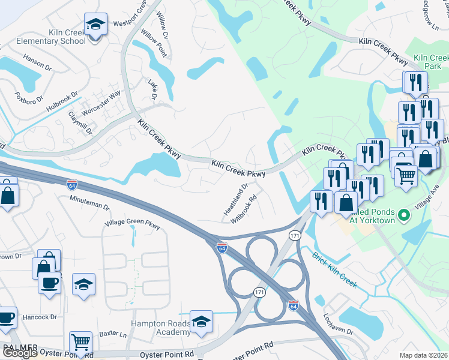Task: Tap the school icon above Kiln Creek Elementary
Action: pos(95,25)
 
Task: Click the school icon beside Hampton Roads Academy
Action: pos(202,322)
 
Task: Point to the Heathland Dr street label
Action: pos(236,200)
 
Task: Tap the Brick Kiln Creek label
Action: pos(334,269)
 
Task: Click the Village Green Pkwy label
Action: pos(133,225)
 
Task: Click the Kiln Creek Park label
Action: pos(427,61)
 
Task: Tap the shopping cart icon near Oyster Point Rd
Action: pos(80,343)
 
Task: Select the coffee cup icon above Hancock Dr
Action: pos(49,282)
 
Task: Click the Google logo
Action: pos(19,353)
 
